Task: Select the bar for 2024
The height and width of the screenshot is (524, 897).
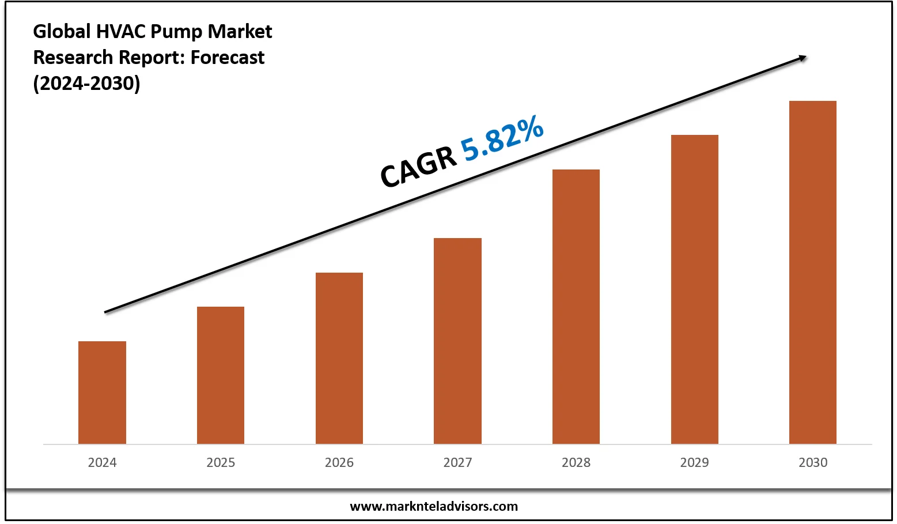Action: (x=102, y=393)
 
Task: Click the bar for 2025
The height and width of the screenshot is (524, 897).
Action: (x=221, y=375)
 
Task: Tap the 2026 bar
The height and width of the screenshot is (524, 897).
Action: (x=339, y=358)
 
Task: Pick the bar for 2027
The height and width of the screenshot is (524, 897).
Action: (x=457, y=341)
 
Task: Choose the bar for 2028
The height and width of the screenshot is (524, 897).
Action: (x=576, y=307)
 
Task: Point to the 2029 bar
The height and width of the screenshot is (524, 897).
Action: (x=695, y=289)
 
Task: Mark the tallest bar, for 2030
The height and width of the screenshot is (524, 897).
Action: (x=813, y=272)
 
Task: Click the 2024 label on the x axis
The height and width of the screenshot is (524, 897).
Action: (x=102, y=462)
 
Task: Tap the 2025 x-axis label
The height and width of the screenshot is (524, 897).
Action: (x=221, y=462)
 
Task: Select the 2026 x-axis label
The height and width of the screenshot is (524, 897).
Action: (x=339, y=462)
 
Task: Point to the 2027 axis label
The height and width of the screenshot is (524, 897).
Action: (x=457, y=462)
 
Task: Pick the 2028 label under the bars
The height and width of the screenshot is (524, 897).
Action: (x=576, y=462)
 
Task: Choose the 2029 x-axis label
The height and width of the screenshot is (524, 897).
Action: (x=695, y=462)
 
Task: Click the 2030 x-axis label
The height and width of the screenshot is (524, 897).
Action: (x=813, y=462)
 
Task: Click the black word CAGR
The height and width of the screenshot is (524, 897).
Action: (x=418, y=168)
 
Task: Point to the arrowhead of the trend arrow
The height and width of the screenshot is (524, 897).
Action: (x=803, y=57)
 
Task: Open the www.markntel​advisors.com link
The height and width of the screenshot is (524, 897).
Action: (x=434, y=507)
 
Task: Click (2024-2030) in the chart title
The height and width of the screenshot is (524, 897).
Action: (x=86, y=84)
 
